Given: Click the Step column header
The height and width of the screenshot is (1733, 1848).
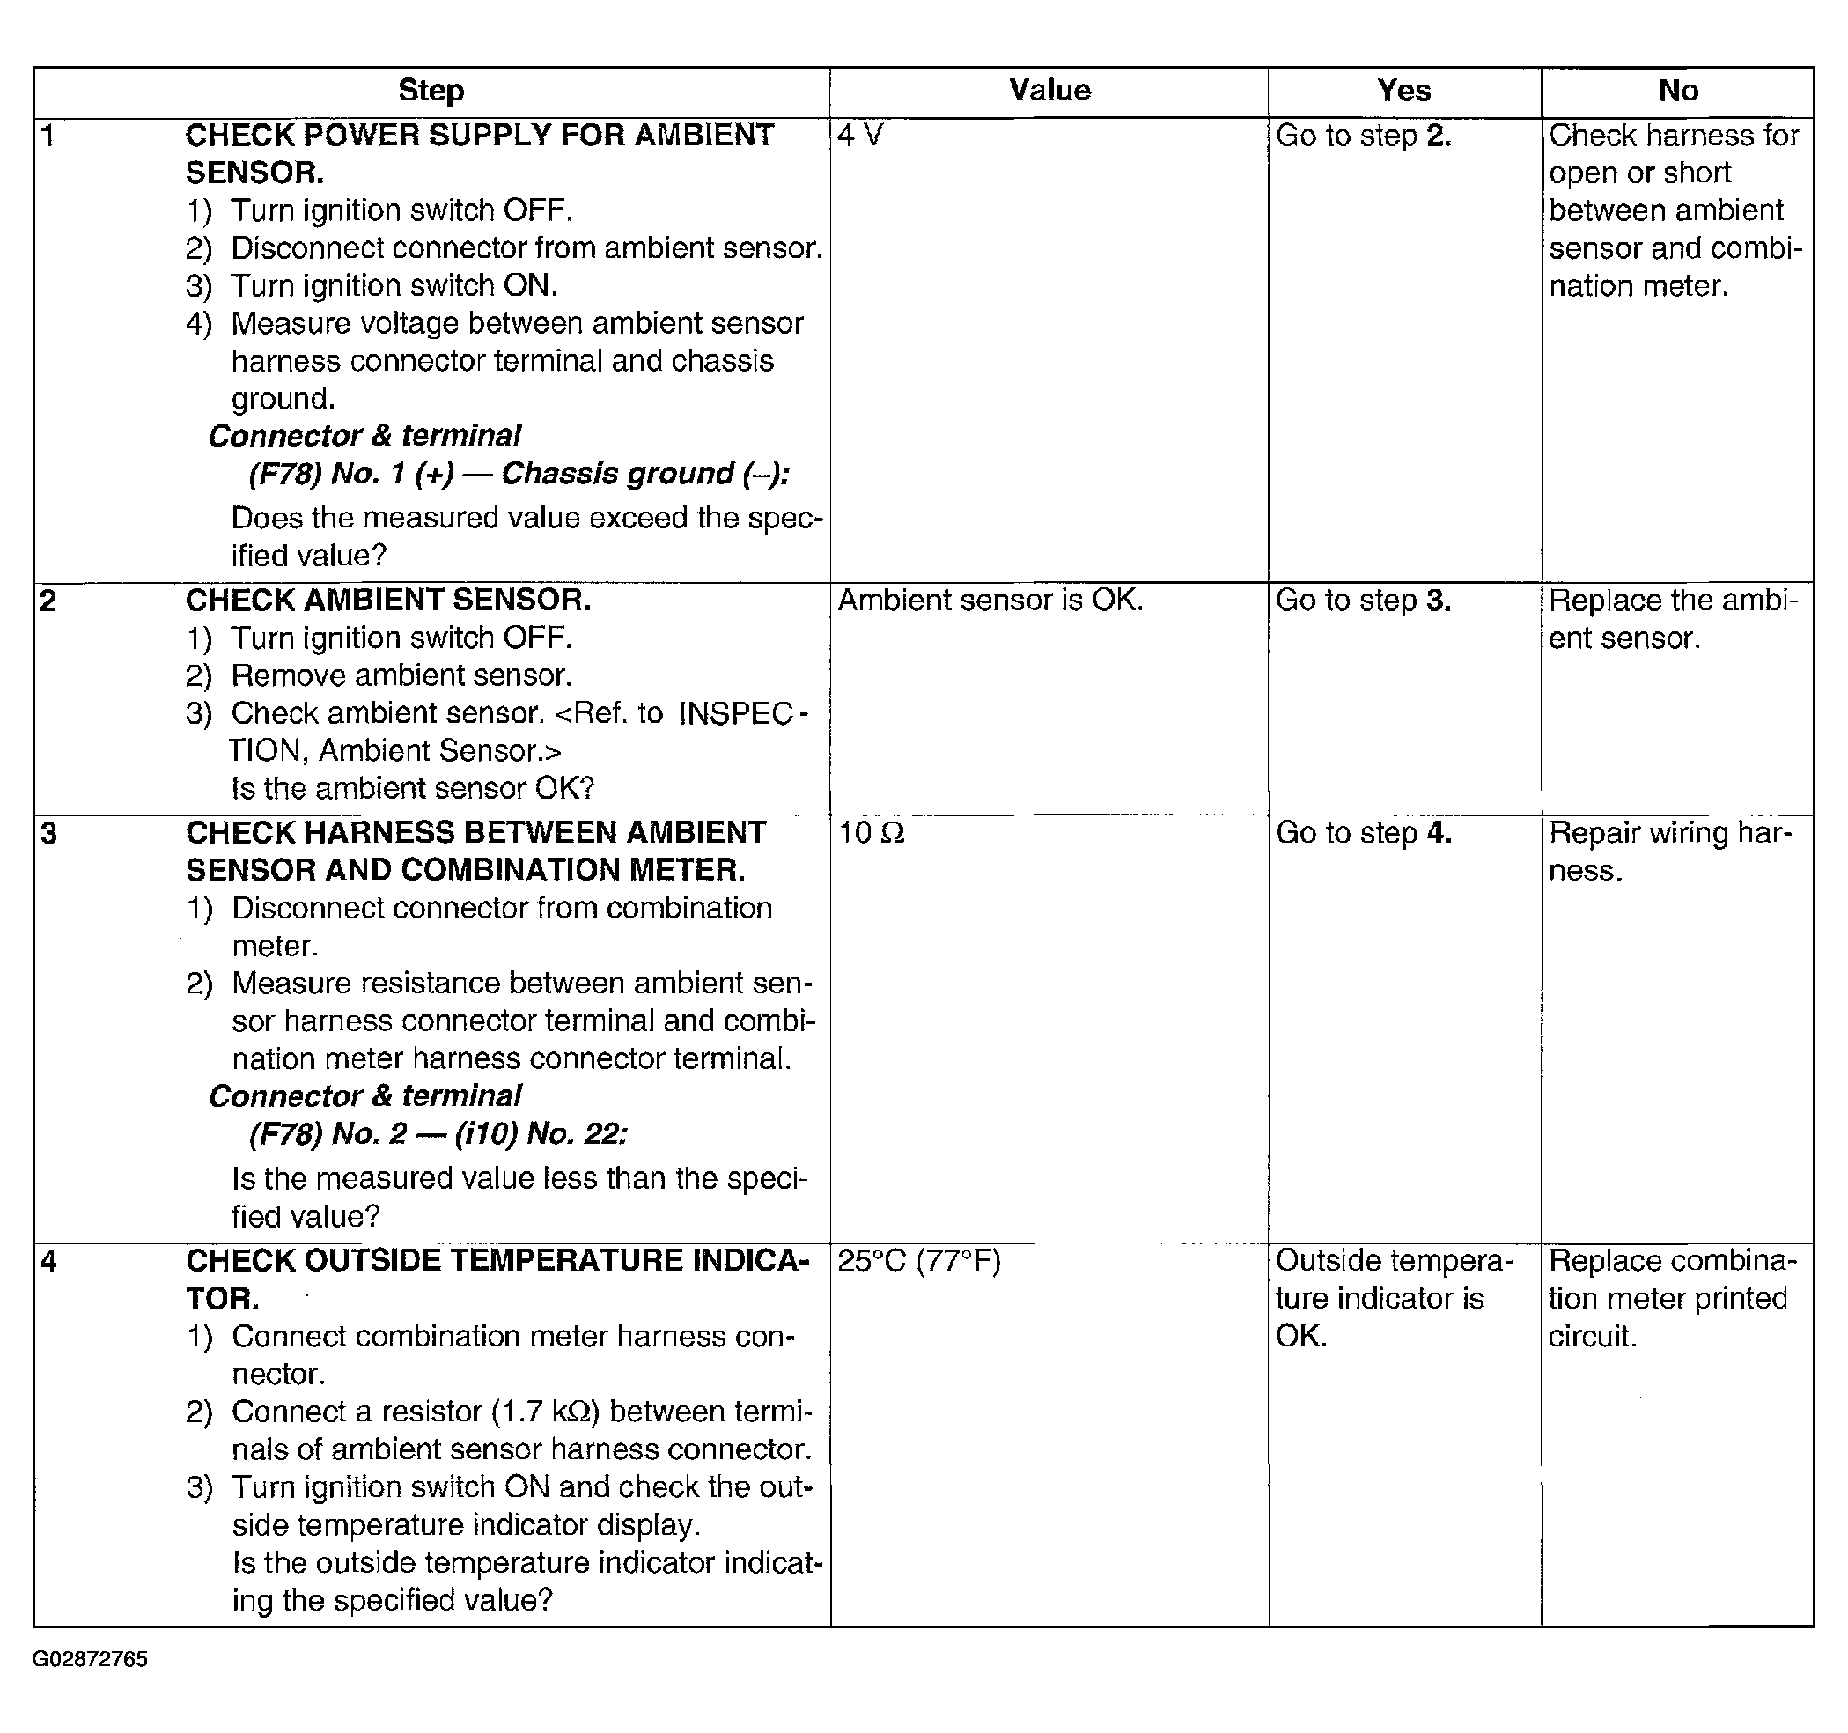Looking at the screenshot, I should coord(431,91).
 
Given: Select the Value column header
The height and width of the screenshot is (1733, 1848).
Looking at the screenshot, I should coord(1049,90).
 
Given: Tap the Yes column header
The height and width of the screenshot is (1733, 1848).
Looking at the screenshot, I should coord(1403,91).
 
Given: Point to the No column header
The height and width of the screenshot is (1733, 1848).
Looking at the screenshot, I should coord(1678,91).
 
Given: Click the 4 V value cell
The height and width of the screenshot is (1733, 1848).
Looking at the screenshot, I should coord(860,136).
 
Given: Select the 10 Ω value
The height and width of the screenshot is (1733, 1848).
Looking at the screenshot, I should coord(871,833).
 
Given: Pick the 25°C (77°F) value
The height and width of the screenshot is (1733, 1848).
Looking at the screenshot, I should coord(918,1262).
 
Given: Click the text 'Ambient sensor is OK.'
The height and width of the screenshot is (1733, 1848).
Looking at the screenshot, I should coord(990,601).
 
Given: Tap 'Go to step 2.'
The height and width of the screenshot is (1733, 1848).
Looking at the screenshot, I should coord(1363,136).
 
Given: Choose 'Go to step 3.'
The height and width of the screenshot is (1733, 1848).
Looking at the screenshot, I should coord(1363,601).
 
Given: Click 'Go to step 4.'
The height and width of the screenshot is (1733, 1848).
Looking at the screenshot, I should coord(1363,833).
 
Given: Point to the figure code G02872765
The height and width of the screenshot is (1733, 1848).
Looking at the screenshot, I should coord(90,1660).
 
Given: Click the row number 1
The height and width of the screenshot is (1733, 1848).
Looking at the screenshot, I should coord(48,136).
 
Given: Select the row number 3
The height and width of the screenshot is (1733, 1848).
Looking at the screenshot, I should coord(48,834).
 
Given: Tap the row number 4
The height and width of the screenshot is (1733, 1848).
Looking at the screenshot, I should coord(48,1262).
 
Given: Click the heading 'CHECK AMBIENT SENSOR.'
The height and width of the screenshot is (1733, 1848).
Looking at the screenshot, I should coord(387,601).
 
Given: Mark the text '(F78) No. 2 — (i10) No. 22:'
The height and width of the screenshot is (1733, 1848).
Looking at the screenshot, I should coord(438,1134).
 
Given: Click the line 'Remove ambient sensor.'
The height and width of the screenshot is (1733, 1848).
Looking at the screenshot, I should coord(401,676).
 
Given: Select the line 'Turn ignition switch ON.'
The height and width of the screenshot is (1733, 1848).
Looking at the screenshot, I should coord(394,285).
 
